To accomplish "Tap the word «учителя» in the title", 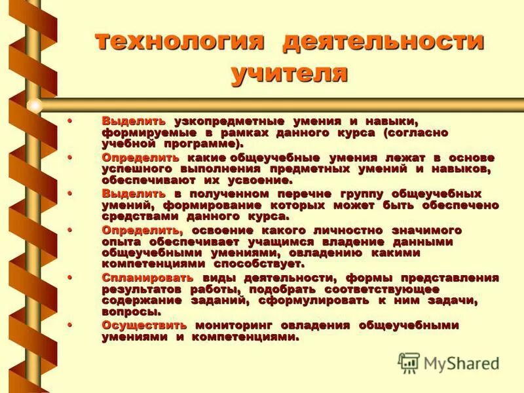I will click(289, 72).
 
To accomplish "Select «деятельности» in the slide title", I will click(383, 42).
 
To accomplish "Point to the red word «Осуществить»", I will click(144, 326).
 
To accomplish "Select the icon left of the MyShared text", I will click(409, 362).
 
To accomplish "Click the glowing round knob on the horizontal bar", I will click(35, 105).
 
